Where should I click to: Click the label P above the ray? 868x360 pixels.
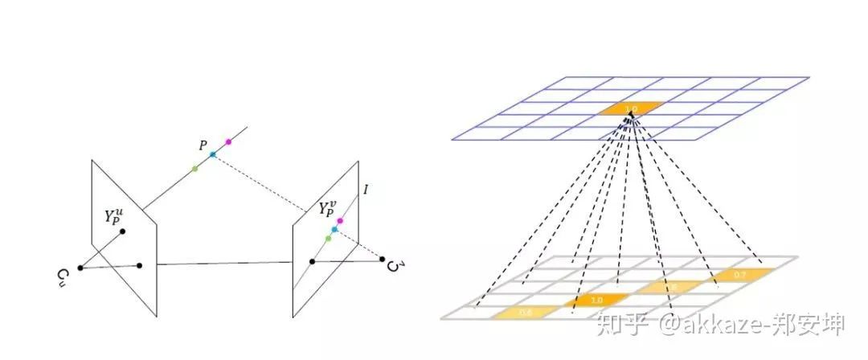(x=203, y=145)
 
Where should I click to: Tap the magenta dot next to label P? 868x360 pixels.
(x=228, y=142)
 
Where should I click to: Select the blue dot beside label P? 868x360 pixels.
(x=213, y=154)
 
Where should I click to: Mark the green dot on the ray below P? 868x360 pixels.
(x=194, y=168)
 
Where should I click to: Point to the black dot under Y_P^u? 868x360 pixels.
(x=122, y=232)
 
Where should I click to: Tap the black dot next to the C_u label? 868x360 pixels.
(x=80, y=268)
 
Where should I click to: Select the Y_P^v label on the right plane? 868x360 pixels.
(x=329, y=211)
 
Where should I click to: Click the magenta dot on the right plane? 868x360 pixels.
(x=341, y=220)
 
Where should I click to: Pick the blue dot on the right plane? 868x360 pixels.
(x=334, y=230)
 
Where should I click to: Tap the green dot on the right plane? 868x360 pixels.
(x=328, y=239)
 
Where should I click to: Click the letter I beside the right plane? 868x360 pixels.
(x=366, y=190)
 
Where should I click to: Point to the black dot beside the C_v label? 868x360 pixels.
(x=383, y=259)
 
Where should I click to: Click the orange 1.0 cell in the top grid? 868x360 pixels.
(x=632, y=108)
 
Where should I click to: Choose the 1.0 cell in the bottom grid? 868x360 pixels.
(x=596, y=300)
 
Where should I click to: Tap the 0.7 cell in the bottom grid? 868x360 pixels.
(x=740, y=275)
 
